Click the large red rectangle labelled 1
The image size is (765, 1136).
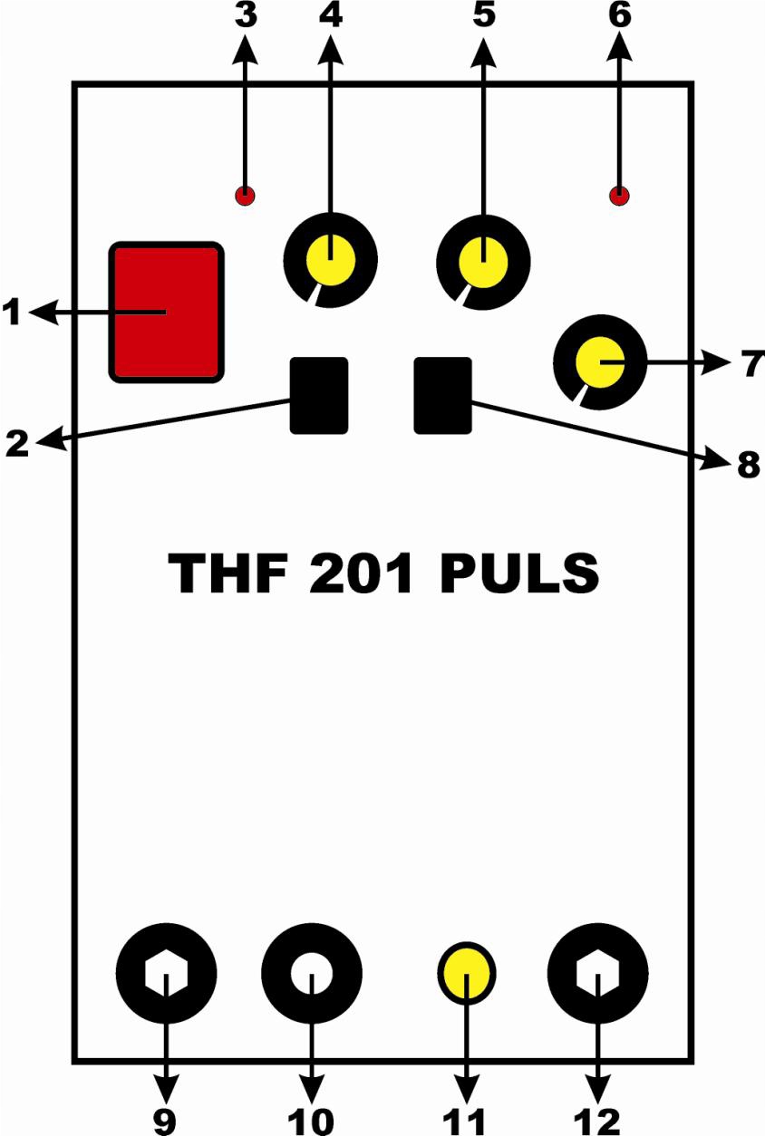pyautogui.click(x=166, y=311)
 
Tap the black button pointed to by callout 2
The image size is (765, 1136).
pyautogui.click(x=319, y=395)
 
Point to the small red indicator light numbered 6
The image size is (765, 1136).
pyautogui.click(x=620, y=195)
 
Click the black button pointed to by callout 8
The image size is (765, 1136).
pyautogui.click(x=443, y=395)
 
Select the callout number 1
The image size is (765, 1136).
pyautogui.click(x=13, y=313)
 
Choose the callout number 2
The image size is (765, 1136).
pyautogui.click(x=18, y=445)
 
